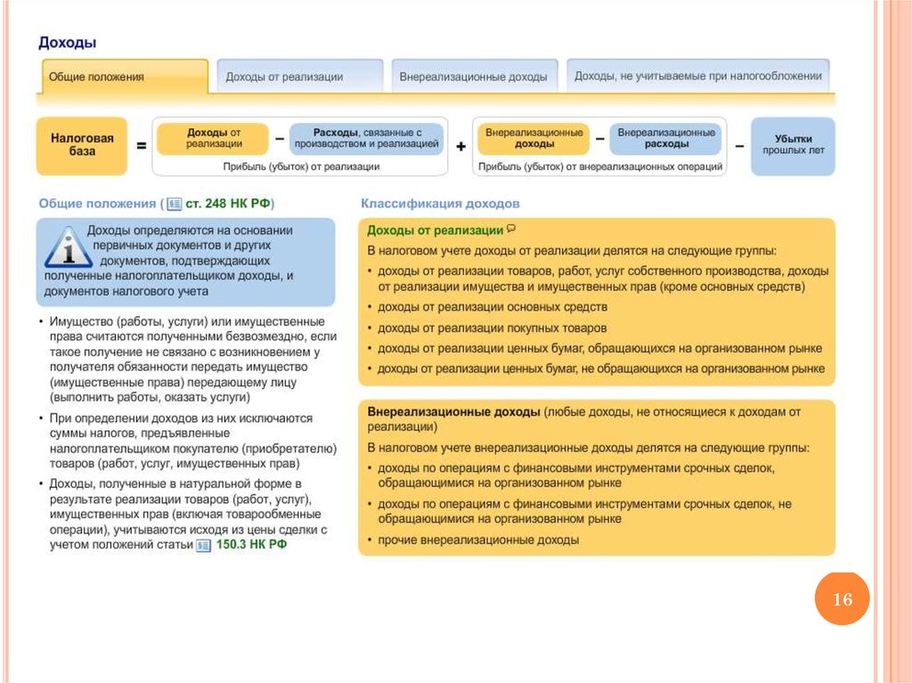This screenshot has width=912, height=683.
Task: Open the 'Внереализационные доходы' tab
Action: [x=474, y=77]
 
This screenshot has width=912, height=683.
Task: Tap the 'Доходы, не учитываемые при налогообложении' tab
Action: [x=697, y=76]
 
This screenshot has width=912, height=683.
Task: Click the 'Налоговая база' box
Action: [x=82, y=145]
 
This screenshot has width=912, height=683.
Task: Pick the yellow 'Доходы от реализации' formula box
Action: [x=214, y=138]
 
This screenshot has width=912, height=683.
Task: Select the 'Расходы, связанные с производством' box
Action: [x=366, y=138]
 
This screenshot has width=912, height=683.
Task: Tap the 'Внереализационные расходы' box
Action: [x=666, y=138]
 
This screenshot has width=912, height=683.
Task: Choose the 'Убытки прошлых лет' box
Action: [x=793, y=145]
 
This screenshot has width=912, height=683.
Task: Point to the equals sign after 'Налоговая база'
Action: [x=141, y=145]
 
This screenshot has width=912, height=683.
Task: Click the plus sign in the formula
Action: [x=460, y=145]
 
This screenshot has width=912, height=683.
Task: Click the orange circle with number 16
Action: [x=842, y=599]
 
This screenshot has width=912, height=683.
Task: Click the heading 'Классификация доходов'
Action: [x=440, y=204]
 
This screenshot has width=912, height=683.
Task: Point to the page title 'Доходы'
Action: [x=67, y=43]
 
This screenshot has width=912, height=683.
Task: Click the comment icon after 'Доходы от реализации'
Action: [x=510, y=229]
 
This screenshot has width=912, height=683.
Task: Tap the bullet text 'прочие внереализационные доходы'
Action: [x=478, y=540]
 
